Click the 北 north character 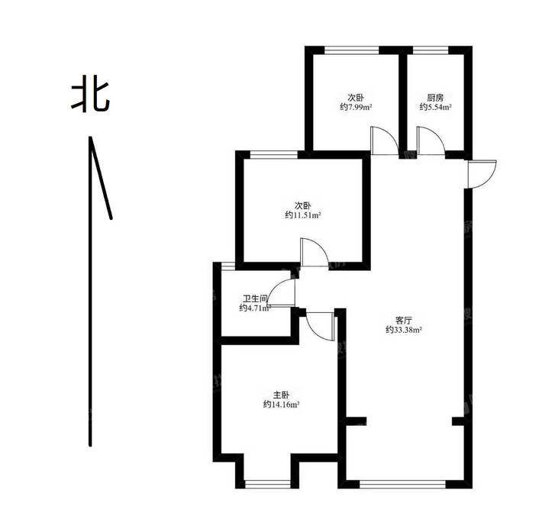[x=91, y=97]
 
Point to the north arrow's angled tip [x=90, y=137]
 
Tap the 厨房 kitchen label [x=435, y=98]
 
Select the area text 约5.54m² [x=436, y=107]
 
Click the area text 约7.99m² [x=356, y=107]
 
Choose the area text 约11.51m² [x=303, y=215]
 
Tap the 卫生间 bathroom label [x=255, y=298]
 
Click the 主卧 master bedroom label [x=281, y=395]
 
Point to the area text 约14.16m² [x=281, y=405]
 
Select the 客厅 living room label [x=403, y=320]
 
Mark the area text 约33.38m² [x=403, y=330]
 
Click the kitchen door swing [x=431, y=140]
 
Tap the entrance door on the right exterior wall [x=482, y=174]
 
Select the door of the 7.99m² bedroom [x=385, y=140]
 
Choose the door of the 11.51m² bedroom [x=315, y=253]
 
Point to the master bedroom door [x=321, y=327]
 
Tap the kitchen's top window [x=431, y=50]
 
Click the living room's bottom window [x=403, y=485]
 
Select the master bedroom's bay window [x=267, y=485]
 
